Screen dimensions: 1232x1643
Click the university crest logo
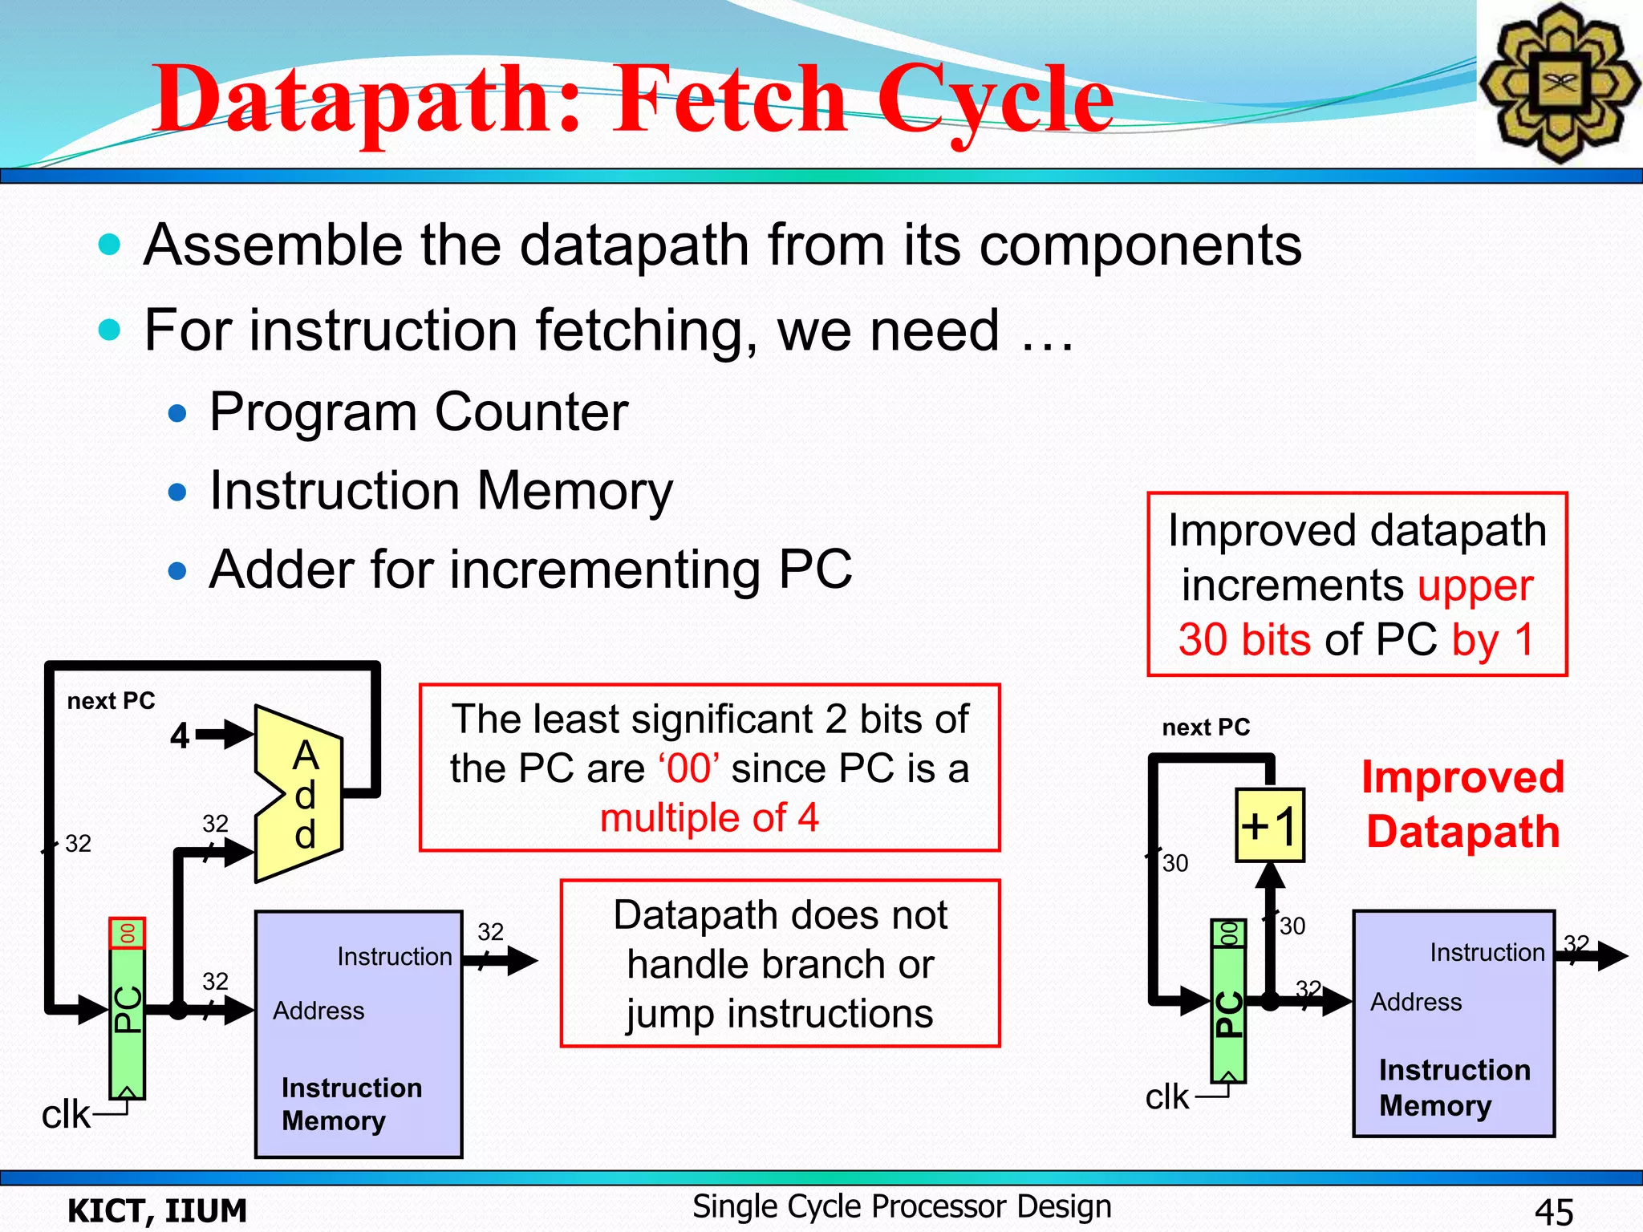coord(1559,83)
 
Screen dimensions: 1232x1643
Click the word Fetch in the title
coord(730,100)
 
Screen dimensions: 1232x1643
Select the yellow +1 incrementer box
coord(1269,825)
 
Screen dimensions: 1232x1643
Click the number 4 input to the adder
coord(180,736)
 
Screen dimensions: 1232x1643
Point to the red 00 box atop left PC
coord(127,934)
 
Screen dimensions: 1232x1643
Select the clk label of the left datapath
coord(66,1115)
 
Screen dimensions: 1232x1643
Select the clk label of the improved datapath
coord(1166,1096)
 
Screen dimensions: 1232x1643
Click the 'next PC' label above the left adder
coord(111,701)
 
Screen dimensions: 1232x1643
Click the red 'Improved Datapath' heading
coord(1462,804)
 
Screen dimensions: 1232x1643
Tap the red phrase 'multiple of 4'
coord(709,818)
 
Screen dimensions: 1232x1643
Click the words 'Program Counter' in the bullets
coord(418,412)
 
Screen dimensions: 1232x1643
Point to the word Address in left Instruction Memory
coord(318,1011)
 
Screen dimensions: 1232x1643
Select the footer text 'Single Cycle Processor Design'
coord(902,1207)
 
